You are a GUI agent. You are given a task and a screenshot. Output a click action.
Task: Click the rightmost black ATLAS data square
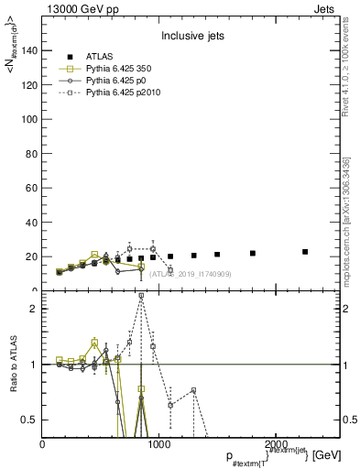(305, 252)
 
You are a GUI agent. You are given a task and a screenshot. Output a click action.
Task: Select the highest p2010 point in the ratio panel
(141, 296)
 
